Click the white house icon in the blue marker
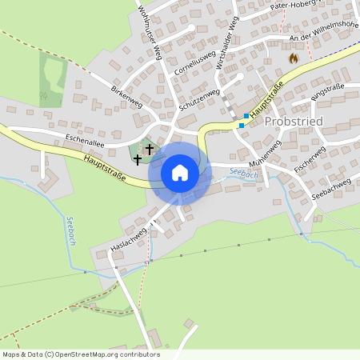[x=180, y=172]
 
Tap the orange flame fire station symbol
[x=293, y=58]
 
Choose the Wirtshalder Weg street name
[x=226, y=45]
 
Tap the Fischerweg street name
[x=310, y=161]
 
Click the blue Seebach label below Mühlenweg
[x=244, y=173]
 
